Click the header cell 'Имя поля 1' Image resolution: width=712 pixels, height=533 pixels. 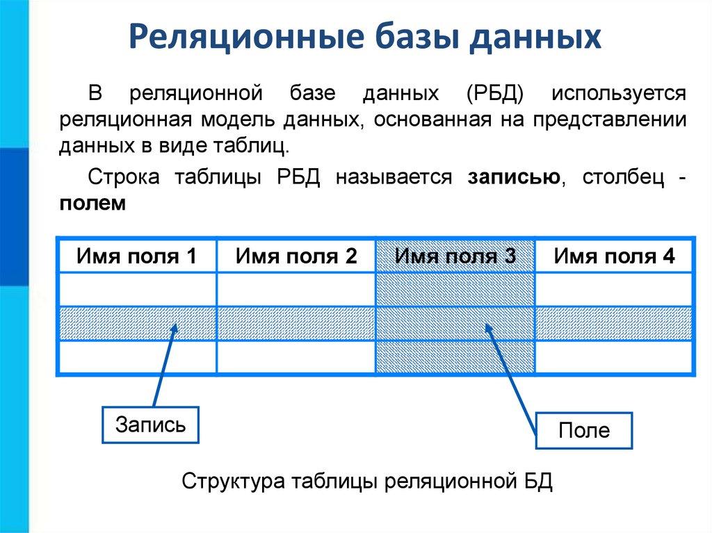[137, 256]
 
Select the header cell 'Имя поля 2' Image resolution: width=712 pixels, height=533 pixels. [296, 256]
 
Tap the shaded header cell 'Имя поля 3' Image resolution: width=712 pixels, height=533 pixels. [455, 256]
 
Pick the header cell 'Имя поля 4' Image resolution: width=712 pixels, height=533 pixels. [615, 256]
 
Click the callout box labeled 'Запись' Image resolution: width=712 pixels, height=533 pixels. [150, 425]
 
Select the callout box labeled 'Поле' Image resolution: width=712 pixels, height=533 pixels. [584, 430]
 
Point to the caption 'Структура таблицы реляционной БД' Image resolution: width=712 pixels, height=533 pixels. [367, 481]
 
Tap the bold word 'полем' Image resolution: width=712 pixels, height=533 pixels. [92, 204]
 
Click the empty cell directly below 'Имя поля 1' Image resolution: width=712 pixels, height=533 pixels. [137, 289]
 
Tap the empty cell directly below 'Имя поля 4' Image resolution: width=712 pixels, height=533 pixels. [615, 289]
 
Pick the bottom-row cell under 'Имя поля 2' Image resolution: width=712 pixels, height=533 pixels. [296, 357]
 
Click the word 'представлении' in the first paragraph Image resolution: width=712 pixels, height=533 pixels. [610, 120]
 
